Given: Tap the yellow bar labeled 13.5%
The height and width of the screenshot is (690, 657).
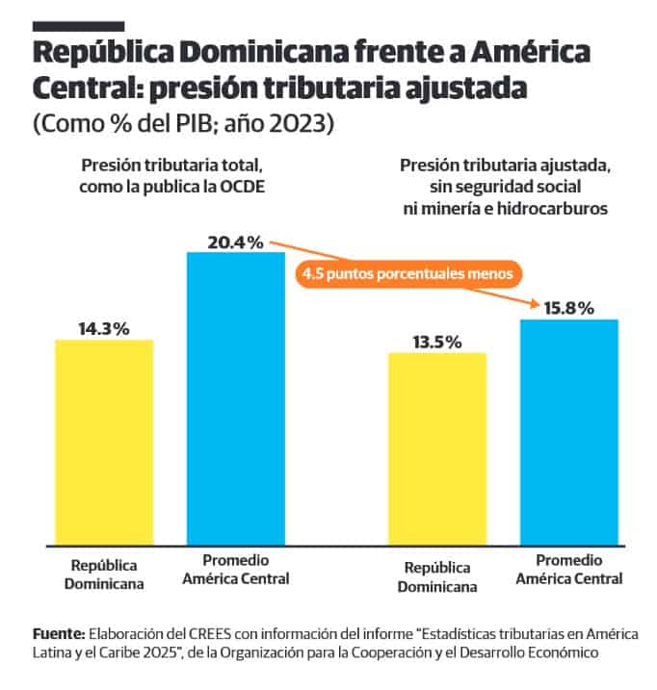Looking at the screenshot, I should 437,449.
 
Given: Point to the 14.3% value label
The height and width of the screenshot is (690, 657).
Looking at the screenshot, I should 104,328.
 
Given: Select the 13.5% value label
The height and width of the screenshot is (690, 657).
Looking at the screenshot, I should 437,342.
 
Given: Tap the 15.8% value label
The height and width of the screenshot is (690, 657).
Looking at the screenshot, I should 568,309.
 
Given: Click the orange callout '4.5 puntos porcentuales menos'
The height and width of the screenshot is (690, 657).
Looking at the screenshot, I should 409,273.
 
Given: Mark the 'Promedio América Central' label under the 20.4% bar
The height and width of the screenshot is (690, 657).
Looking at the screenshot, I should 236,570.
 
